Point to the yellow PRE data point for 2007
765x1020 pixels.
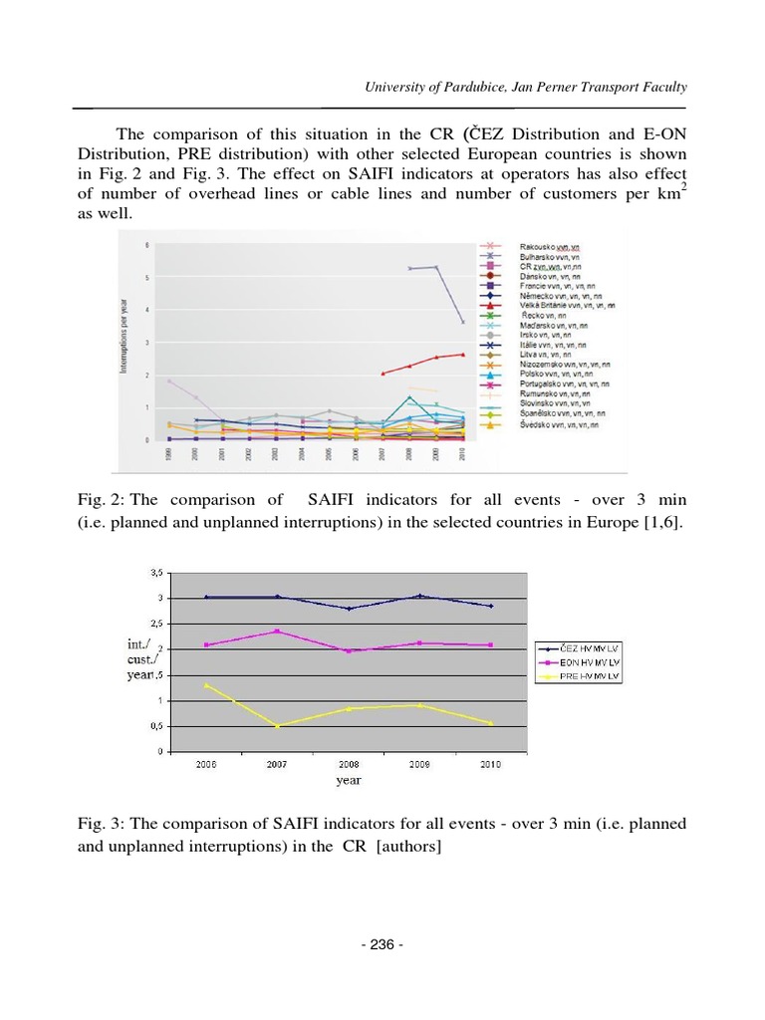click(x=278, y=726)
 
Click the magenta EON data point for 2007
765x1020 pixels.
click(x=278, y=631)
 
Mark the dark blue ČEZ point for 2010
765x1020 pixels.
click(x=491, y=606)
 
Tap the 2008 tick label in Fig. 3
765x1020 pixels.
click(x=350, y=764)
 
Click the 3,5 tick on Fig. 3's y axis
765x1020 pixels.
click(x=156, y=573)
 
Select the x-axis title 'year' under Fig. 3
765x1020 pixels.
click(x=349, y=781)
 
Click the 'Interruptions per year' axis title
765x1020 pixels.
click(x=126, y=340)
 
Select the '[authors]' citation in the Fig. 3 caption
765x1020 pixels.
click(x=409, y=847)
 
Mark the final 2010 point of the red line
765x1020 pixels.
click(x=461, y=355)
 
